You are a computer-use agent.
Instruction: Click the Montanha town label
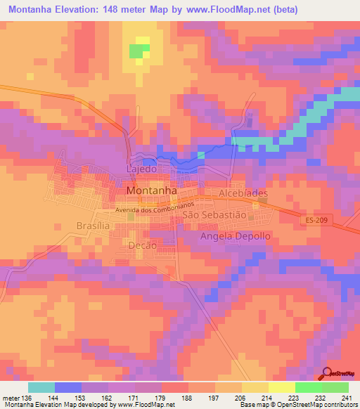151,191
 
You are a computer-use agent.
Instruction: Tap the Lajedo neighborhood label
140,170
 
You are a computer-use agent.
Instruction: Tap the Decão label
142,244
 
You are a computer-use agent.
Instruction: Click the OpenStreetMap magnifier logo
327,375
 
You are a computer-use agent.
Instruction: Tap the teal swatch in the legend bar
41,387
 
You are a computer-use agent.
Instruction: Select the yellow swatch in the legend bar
282,387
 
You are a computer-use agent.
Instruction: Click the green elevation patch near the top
140,51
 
